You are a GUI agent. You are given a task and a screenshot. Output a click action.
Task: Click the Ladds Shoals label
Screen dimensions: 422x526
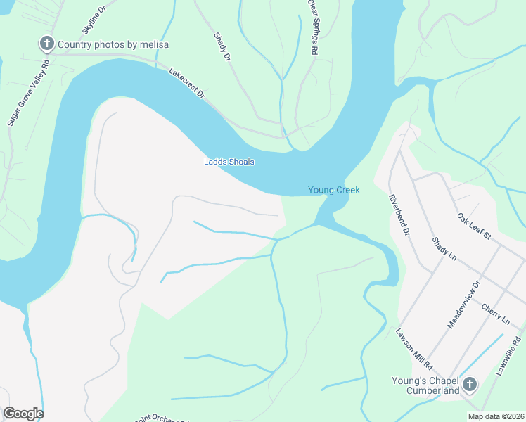229,162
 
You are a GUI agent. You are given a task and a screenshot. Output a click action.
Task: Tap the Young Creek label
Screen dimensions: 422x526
333,190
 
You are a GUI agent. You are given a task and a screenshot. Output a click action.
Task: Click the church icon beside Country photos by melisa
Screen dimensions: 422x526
46,44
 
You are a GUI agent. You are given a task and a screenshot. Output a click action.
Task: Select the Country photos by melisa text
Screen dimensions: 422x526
113,44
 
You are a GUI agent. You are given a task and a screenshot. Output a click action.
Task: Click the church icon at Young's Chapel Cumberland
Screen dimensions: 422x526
470,385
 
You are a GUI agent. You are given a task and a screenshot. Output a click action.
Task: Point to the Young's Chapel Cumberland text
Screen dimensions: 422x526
425,385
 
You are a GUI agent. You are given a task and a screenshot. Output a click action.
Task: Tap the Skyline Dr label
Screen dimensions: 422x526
94,19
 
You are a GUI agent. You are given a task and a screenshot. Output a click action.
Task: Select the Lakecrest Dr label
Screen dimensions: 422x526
186,83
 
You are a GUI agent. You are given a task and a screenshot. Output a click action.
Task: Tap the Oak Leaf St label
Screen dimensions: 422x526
473,226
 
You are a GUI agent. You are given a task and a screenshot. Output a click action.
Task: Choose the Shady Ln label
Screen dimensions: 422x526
444,248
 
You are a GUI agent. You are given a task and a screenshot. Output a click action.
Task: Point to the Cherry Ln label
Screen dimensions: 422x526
496,314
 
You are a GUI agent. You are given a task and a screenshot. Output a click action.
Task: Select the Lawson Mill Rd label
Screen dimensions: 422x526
413,349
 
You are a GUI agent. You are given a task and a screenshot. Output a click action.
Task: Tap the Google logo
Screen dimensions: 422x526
23,414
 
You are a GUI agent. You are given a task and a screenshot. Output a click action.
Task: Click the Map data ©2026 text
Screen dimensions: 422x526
495,416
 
